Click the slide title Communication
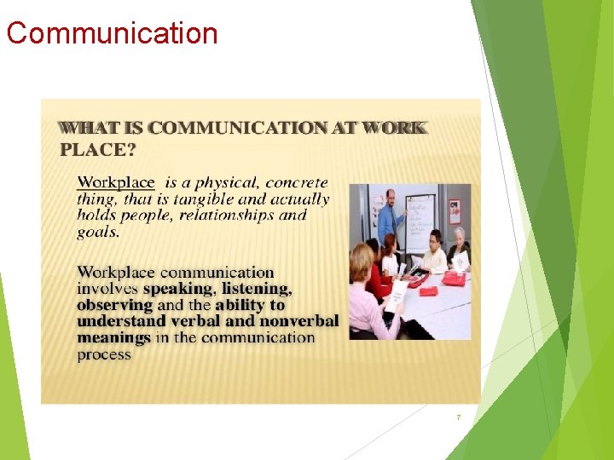coord(112,33)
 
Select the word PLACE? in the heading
coord(98,150)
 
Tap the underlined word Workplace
coord(117,182)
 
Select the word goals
coord(98,231)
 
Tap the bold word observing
coord(114,305)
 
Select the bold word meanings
coord(113,337)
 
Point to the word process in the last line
coord(104,354)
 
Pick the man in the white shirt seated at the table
coord(435,251)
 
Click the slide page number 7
coord(459,417)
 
